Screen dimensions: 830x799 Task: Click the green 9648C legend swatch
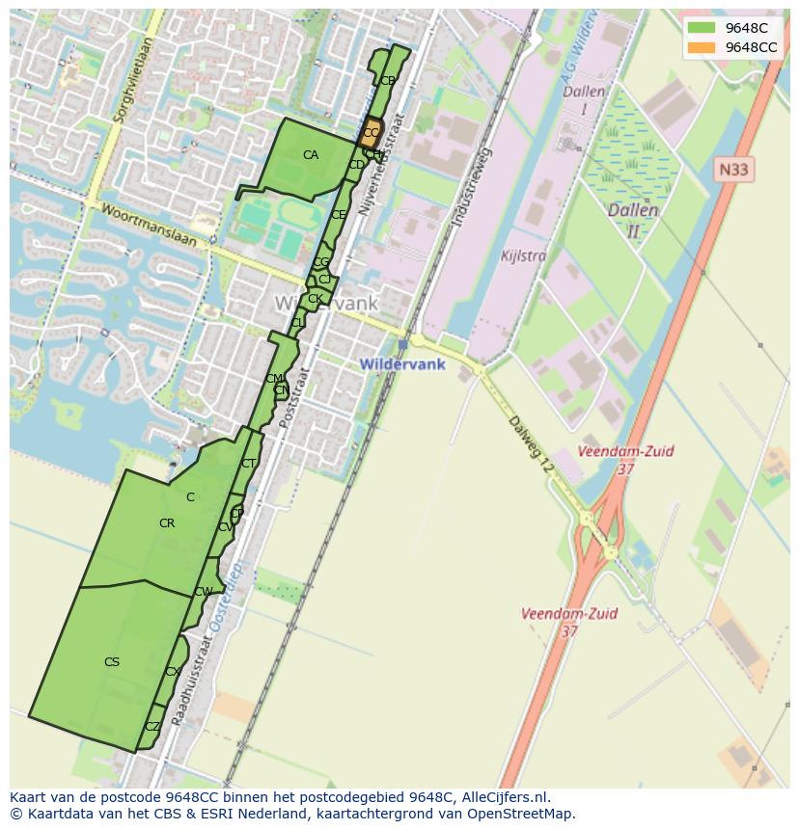coord(702,28)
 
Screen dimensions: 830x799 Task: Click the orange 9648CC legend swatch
coord(702,47)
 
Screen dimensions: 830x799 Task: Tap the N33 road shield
coord(735,170)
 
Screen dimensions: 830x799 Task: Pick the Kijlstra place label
coord(524,256)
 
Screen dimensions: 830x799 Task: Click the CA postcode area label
coord(311,155)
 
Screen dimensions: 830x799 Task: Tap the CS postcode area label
coord(112,662)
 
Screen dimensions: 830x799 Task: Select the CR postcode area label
coord(167,523)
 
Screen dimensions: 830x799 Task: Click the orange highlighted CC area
coord(371,133)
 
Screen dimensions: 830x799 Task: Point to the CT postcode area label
coord(249,464)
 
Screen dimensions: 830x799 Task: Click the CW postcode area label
coord(204,592)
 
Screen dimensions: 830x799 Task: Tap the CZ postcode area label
coord(152,727)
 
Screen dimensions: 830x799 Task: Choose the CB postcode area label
coord(387,81)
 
